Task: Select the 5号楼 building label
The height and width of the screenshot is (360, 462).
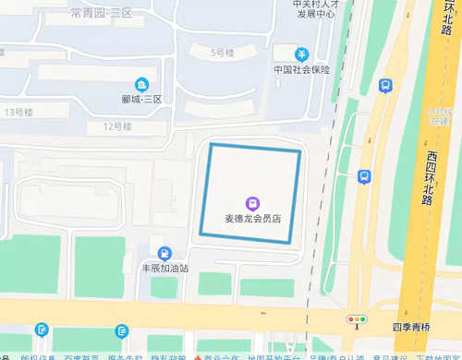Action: pyautogui.click(x=223, y=53)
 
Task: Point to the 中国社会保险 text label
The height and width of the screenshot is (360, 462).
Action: pyautogui.click(x=301, y=69)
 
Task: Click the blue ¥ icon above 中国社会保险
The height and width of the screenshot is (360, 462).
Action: pyautogui.click(x=301, y=54)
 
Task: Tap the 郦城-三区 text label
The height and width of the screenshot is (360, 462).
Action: pyautogui.click(x=141, y=99)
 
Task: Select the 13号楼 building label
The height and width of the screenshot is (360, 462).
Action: pyautogui.click(x=18, y=113)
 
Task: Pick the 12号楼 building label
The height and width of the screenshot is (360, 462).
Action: pyautogui.click(x=117, y=126)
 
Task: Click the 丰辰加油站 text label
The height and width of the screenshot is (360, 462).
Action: pyautogui.click(x=164, y=269)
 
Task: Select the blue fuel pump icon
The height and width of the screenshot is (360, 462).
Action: pyautogui.click(x=164, y=253)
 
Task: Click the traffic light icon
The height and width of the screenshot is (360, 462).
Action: pyautogui.click(x=357, y=319)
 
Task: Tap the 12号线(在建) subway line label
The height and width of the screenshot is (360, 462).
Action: pyautogui.click(x=433, y=115)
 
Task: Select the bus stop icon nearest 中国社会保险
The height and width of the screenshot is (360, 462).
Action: pyautogui.click(x=385, y=85)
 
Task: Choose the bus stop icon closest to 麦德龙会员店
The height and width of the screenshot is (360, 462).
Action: pyautogui.click(x=365, y=175)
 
